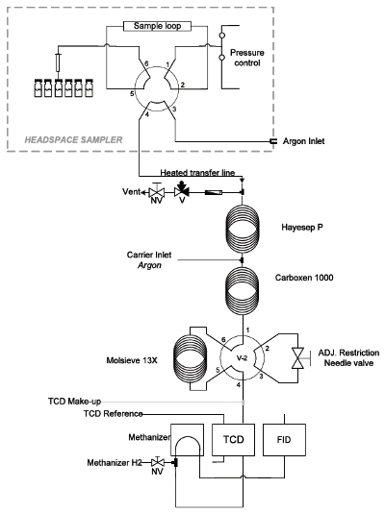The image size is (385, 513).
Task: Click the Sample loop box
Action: [157, 26]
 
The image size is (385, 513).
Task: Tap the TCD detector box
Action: [233, 439]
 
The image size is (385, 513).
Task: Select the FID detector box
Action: [284, 439]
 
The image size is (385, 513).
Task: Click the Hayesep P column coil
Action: [243, 229]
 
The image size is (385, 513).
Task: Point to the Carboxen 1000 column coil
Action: [243, 291]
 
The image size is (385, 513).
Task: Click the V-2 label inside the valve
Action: [242, 358]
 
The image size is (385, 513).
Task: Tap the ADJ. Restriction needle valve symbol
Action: [297, 358]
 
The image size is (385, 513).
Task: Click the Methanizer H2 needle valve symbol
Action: [158, 462]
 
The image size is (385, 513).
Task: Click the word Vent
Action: [131, 191]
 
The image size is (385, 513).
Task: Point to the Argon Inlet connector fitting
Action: [272, 141]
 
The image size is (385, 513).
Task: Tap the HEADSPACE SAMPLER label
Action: [73, 140]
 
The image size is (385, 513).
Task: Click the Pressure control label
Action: [247, 58]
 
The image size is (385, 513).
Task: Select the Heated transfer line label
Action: [197, 172]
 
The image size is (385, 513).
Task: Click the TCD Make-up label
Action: [74, 402]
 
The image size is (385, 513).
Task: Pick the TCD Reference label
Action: [113, 414]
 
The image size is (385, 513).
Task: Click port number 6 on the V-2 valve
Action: [223, 340]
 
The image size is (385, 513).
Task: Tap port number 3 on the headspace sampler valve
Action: [174, 109]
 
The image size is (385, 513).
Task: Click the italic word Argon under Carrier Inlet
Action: [150, 265]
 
